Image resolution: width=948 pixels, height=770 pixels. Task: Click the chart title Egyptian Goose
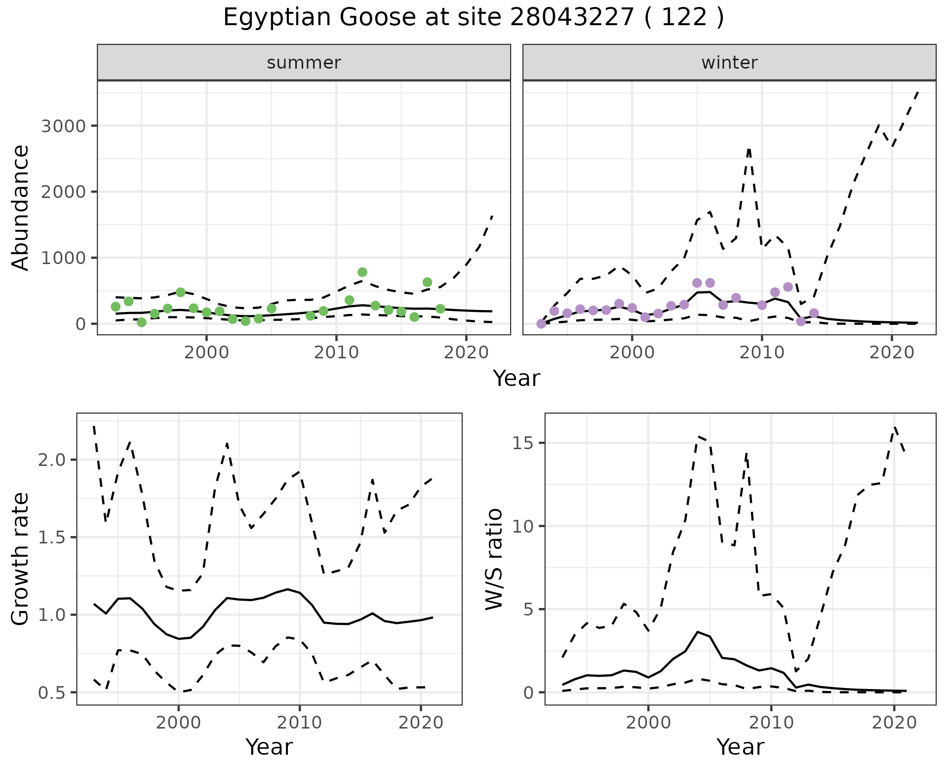click(473, 18)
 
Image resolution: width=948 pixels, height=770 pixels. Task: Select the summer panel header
click(304, 63)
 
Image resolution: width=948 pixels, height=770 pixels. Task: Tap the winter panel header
click(729, 63)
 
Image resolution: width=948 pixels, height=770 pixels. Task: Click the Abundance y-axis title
click(21, 207)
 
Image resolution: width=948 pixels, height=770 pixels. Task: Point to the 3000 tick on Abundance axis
click(63, 126)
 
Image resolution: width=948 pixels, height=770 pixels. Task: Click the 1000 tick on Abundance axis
click(63, 258)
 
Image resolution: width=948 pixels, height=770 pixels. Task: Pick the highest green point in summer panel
click(362, 272)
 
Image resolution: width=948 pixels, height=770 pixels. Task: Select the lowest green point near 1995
click(142, 322)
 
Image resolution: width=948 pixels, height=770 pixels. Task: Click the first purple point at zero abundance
click(541, 324)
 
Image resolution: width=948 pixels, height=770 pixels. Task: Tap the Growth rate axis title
click(21, 559)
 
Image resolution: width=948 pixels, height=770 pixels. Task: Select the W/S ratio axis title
click(494, 559)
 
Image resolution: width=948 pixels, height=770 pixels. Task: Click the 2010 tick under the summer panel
click(336, 352)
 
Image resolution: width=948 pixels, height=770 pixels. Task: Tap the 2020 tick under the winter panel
click(891, 352)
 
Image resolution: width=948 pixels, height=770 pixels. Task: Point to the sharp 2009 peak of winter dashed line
click(749, 149)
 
